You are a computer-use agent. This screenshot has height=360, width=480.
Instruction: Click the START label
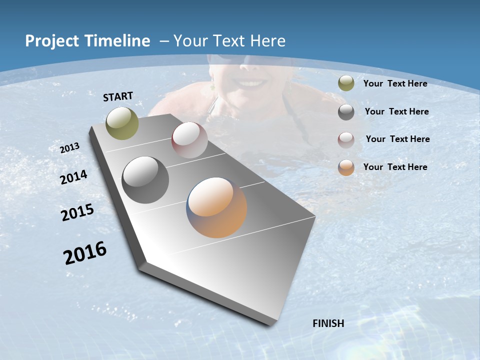click(118, 96)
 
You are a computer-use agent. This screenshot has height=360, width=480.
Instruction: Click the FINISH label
click(328, 323)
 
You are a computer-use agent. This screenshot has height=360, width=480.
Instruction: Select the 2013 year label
click(70, 147)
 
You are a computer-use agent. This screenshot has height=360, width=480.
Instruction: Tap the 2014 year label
click(73, 177)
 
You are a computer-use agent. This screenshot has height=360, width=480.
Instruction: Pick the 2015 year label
click(77, 212)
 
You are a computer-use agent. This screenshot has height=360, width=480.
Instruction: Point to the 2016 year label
click(85, 253)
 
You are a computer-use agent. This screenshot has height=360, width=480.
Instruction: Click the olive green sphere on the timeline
click(122, 123)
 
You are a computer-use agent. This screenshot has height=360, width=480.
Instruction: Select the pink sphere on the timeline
click(189, 140)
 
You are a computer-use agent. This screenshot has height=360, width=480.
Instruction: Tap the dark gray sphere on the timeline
click(145, 179)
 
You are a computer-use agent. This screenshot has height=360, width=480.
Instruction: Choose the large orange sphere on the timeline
click(216, 207)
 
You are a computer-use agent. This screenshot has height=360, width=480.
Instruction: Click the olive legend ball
click(346, 83)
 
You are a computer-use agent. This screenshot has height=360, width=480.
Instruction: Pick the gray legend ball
click(346, 112)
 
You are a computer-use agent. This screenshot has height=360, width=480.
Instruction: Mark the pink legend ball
click(346, 140)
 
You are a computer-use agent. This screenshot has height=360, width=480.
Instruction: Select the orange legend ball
click(346, 167)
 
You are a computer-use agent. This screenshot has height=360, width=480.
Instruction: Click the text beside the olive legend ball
click(395, 83)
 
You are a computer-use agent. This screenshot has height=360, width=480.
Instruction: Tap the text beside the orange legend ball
click(395, 167)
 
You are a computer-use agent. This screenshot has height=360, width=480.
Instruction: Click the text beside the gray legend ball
click(396, 111)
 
